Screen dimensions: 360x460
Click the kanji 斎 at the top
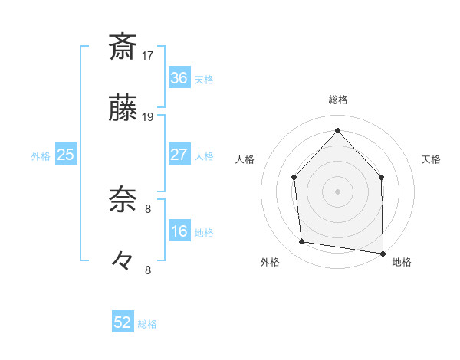click(x=123, y=47)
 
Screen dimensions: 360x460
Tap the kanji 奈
click(x=123, y=201)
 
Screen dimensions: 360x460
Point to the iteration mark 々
click(x=123, y=261)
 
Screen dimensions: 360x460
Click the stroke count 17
click(x=149, y=55)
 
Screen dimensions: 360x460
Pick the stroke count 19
click(x=149, y=117)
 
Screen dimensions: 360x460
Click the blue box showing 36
click(x=179, y=77)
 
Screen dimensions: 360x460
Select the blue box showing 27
click(x=179, y=155)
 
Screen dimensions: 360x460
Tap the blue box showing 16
click(x=179, y=231)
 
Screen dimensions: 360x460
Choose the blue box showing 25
click(x=65, y=155)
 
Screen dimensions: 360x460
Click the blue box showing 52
click(x=123, y=322)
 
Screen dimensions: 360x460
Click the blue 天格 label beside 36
click(x=203, y=79)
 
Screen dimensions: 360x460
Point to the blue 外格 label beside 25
click(x=41, y=155)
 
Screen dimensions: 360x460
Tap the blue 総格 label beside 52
click(x=147, y=323)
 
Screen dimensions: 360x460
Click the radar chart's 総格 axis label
click(x=338, y=100)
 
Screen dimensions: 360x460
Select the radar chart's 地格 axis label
click(x=402, y=262)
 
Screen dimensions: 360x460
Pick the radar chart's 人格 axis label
click(x=245, y=159)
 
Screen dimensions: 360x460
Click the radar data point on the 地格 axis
click(x=383, y=252)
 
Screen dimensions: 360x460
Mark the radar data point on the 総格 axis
click(x=337, y=129)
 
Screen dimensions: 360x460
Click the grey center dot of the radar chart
click(x=337, y=191)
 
